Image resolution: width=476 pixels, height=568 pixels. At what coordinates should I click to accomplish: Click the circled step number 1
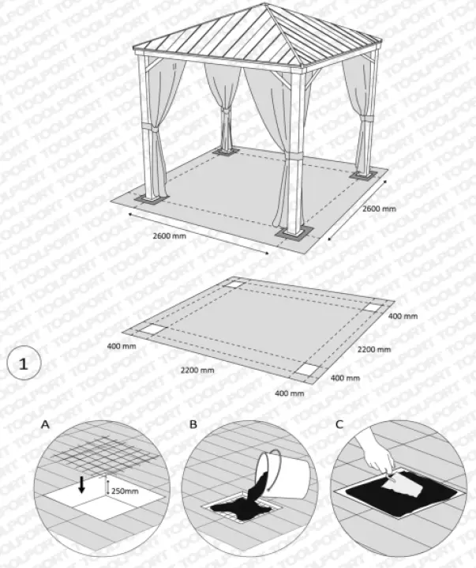tap(23, 364)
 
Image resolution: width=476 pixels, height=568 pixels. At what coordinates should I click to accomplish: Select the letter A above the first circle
tap(45, 424)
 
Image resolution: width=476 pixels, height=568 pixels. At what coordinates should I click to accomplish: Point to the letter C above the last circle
tap(339, 424)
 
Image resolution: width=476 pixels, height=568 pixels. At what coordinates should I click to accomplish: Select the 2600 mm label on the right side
tap(379, 209)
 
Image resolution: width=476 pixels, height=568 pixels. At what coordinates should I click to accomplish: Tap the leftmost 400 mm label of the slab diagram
tap(122, 345)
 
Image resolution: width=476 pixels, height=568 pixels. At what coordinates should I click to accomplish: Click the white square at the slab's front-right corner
tap(306, 369)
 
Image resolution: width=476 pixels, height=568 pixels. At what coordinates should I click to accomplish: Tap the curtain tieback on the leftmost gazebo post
tap(148, 127)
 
